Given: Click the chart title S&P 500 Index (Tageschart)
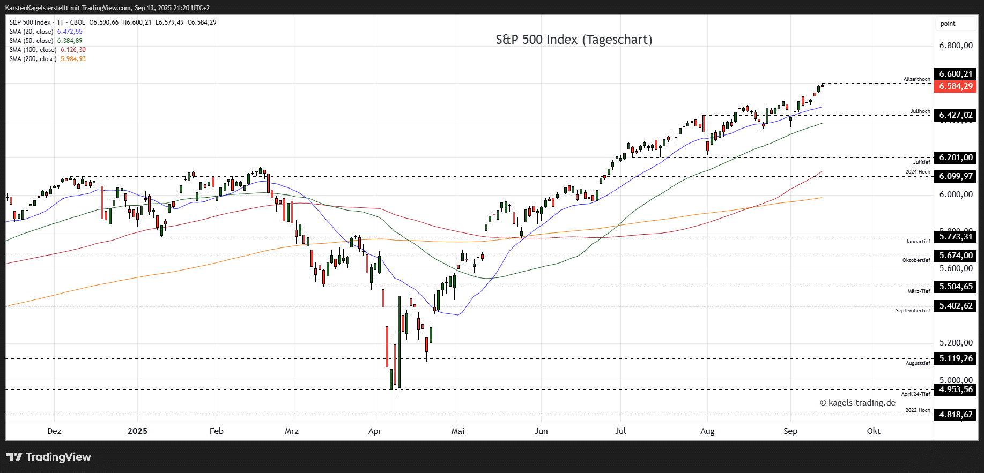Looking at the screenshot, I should [x=574, y=40].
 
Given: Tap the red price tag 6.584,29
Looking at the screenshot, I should [x=955, y=86].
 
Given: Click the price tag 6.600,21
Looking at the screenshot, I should [x=955, y=74].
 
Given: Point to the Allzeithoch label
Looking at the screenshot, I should [x=916, y=79].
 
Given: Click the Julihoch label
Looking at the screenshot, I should [x=920, y=111].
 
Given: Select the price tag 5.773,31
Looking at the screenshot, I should [x=955, y=237].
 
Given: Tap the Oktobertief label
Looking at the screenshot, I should [x=916, y=260].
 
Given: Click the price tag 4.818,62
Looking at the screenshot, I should [x=955, y=415].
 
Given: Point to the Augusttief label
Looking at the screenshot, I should [x=918, y=363].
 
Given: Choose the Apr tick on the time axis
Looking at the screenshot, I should [x=375, y=431].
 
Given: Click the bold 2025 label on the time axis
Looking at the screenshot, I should [x=137, y=431].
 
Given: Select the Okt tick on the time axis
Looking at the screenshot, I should [x=873, y=431].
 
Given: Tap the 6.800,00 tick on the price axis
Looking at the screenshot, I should [x=956, y=46].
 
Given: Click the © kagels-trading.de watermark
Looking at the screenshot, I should [x=857, y=403].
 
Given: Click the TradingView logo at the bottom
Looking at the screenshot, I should [x=49, y=457].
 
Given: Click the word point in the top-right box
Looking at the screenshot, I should [x=948, y=24].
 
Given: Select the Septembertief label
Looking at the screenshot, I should [x=913, y=311].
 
